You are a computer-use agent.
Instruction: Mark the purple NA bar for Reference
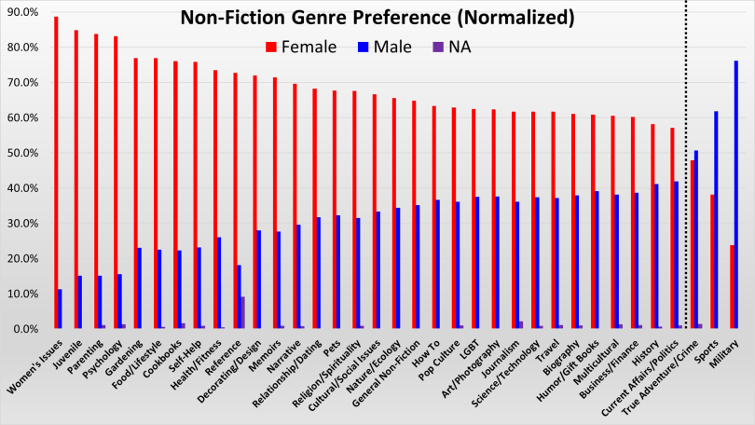tap(242, 313)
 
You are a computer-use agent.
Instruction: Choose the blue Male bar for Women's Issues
tap(60, 308)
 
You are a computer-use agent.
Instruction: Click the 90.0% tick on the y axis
tap(23, 12)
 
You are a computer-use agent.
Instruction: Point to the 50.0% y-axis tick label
tap(23, 153)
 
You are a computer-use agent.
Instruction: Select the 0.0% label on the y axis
tap(25, 329)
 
